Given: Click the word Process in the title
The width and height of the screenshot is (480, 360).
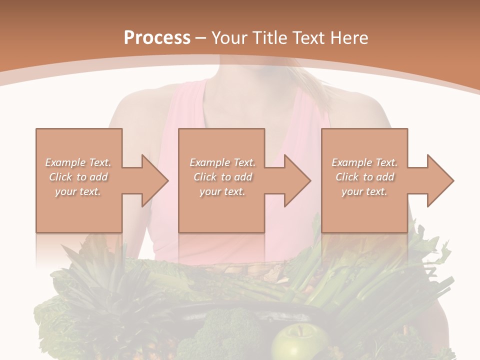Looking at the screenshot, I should [157, 38].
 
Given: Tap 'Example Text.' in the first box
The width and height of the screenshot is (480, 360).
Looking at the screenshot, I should [78, 162].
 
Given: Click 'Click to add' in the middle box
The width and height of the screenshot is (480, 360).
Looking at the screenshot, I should [222, 177].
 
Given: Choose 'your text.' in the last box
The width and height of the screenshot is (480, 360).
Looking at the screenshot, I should [364, 191].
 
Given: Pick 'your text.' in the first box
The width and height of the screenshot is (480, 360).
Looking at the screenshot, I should [78, 191].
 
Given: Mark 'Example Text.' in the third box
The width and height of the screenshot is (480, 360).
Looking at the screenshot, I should [364, 162].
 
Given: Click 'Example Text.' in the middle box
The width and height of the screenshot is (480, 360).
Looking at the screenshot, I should [222, 162].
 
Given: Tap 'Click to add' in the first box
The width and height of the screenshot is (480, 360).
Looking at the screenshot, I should [78, 177].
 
